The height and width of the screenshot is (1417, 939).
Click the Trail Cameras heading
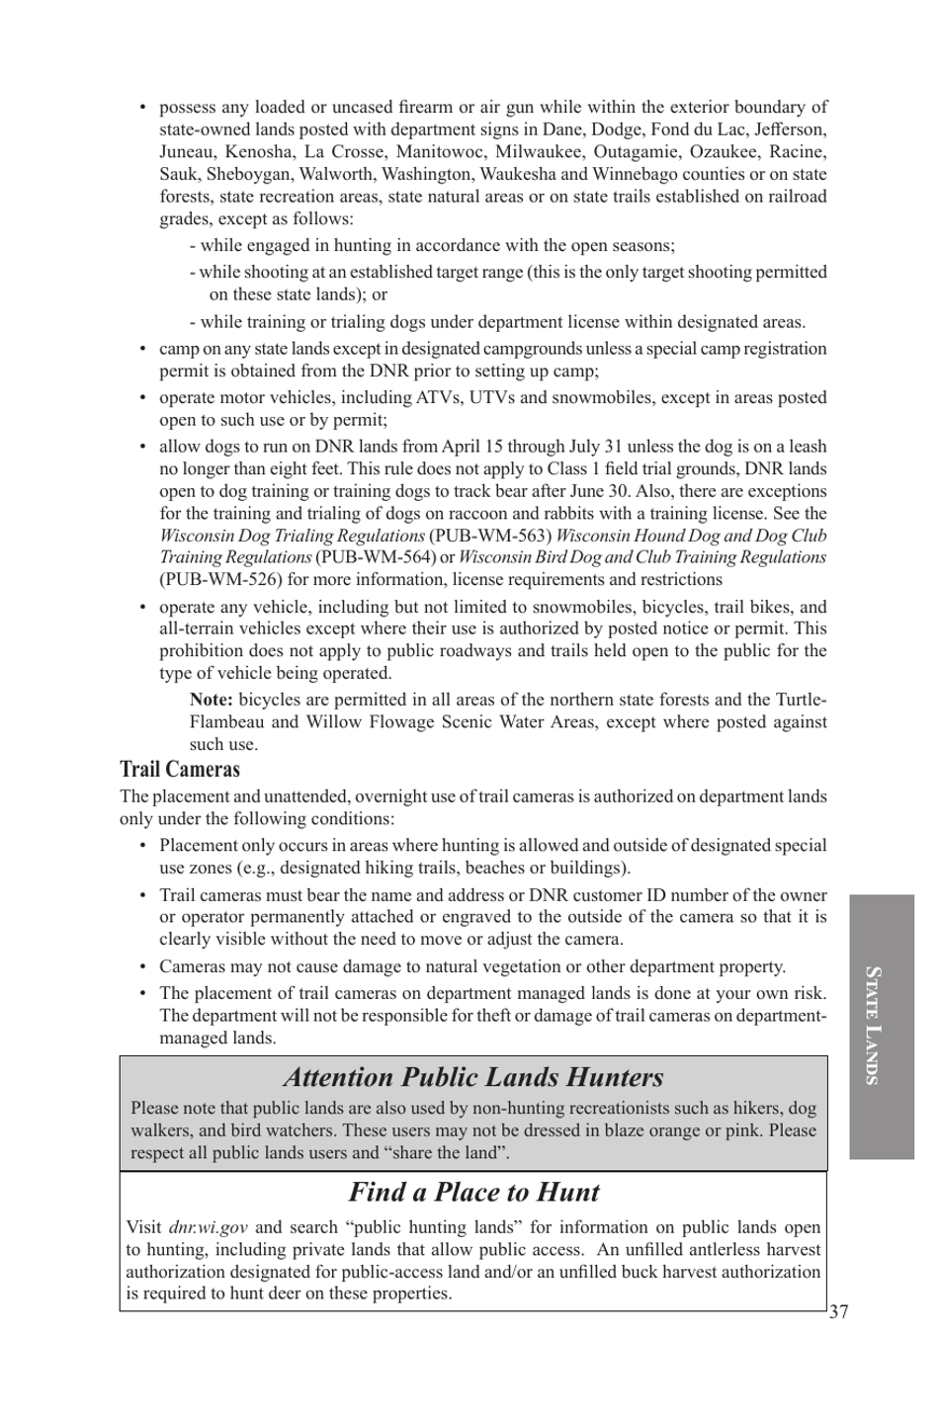[180, 770]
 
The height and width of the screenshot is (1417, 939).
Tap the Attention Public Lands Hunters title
[473, 1077]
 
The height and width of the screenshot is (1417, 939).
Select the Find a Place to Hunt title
[473, 1193]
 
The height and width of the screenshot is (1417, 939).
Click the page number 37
[838, 1312]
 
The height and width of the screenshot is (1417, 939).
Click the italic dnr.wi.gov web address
[208, 1227]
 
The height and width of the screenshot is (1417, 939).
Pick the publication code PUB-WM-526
[221, 580]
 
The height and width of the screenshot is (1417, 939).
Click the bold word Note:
[212, 700]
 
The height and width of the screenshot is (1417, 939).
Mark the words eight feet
[272, 469]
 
